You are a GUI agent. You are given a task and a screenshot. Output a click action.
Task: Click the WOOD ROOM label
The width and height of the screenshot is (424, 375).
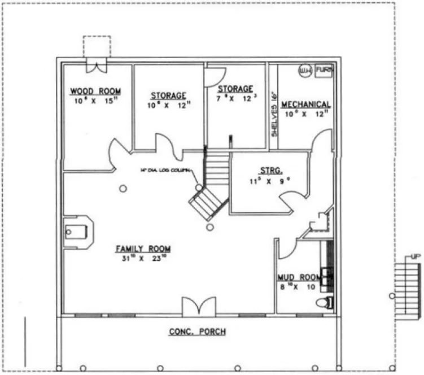95,91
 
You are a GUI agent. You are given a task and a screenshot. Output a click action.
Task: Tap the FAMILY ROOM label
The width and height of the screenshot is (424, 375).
143,249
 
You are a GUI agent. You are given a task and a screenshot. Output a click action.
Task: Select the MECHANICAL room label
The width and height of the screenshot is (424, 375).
305,104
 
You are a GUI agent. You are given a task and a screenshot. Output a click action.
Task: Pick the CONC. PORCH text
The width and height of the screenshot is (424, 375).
198,332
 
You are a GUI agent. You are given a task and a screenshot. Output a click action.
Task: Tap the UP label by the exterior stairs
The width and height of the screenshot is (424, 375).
416,257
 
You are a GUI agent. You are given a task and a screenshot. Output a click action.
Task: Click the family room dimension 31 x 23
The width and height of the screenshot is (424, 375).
143,259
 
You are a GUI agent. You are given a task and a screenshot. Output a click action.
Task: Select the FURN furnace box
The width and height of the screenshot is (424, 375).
324,70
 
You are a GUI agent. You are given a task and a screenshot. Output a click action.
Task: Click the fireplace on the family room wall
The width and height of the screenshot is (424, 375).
78,231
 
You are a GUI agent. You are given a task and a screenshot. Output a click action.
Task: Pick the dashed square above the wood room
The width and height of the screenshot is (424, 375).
97,46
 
